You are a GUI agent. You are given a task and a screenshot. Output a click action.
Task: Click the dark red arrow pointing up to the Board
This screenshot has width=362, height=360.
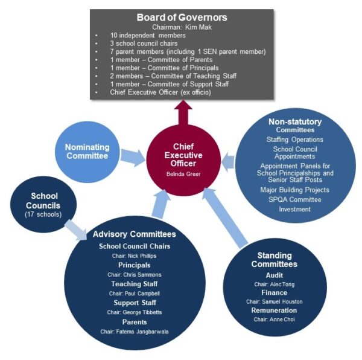(185, 112)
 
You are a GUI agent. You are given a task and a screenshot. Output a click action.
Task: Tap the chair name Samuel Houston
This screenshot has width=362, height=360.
(278, 301)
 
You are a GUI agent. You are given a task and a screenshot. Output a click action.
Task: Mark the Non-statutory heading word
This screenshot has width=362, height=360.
(295, 121)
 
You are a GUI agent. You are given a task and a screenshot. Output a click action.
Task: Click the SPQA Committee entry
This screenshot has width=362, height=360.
(295, 198)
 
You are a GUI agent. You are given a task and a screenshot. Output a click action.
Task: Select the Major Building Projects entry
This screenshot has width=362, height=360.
(295, 188)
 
